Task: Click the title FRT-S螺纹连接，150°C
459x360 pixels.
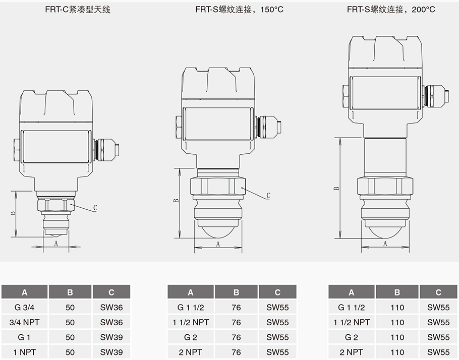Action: tap(239, 9)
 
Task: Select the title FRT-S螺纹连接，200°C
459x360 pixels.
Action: tap(391, 9)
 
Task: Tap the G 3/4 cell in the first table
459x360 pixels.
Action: tap(24, 307)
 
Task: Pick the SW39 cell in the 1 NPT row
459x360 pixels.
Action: tap(111, 352)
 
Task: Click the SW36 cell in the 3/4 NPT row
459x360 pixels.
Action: tap(111, 322)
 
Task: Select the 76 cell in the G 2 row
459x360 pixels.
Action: tap(236, 337)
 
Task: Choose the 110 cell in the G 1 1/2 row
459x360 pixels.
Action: tap(397, 307)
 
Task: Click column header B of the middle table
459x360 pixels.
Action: tap(236, 292)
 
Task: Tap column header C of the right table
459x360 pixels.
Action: tap(438, 292)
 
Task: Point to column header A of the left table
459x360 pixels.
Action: tap(24, 292)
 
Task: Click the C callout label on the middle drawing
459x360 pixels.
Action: tap(268, 196)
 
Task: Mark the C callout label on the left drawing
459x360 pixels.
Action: tap(95, 208)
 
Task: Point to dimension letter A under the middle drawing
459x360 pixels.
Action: tap(218, 244)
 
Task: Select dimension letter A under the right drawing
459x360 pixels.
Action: tap(385, 244)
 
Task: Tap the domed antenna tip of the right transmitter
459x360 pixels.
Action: tap(385, 230)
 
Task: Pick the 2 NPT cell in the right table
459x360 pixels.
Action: tap(351, 352)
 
